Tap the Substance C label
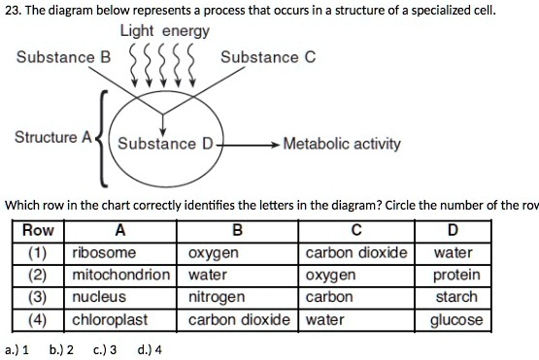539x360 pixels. (x=267, y=57)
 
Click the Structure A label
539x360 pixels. (x=51, y=137)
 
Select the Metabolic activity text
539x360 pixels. (x=341, y=145)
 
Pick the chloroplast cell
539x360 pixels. (x=109, y=318)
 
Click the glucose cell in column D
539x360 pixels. (x=455, y=318)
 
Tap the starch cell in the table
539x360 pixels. (x=455, y=297)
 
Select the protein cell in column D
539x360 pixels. (x=455, y=275)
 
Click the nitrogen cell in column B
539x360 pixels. (x=216, y=297)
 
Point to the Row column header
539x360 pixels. (x=38, y=231)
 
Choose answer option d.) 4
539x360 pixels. (x=152, y=349)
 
